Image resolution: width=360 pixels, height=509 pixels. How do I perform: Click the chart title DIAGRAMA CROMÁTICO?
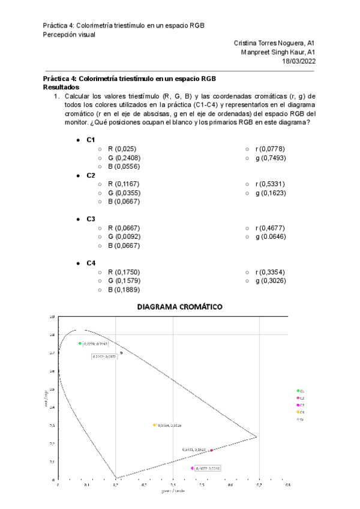pyautogui.click(x=179, y=307)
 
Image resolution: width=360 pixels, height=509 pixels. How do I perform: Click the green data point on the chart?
pyautogui.click(x=80, y=343)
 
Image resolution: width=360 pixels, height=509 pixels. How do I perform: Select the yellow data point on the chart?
pyautogui.click(x=154, y=425)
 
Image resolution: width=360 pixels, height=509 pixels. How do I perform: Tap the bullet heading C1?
pyautogui.click(x=91, y=140)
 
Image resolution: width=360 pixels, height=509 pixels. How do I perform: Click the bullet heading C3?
pyautogui.click(x=91, y=219)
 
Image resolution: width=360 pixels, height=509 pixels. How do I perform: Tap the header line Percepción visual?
pyautogui.click(x=69, y=34)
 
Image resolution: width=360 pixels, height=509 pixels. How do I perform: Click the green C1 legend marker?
pyautogui.click(x=298, y=391)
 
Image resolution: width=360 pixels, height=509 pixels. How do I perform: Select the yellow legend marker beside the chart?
pyautogui.click(x=298, y=412)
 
